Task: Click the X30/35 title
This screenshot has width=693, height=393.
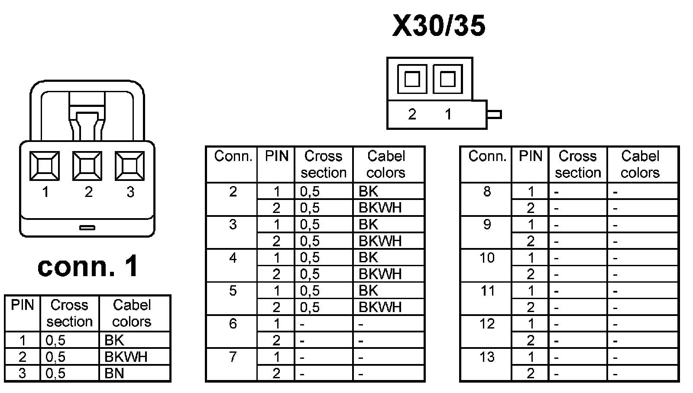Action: (x=438, y=26)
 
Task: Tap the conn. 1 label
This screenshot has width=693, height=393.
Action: (x=88, y=266)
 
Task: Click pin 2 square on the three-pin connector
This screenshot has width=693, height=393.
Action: (x=87, y=166)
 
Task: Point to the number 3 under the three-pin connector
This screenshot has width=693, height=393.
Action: (x=130, y=192)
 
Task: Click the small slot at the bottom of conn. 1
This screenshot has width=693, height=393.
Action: (x=87, y=227)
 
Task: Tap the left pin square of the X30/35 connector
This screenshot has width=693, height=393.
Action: (x=412, y=79)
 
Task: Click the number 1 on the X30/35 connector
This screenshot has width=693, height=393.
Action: (x=448, y=114)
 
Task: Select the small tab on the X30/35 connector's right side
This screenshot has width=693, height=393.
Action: (x=494, y=115)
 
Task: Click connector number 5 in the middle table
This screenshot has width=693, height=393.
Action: (x=233, y=290)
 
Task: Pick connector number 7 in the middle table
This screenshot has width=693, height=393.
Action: (x=233, y=357)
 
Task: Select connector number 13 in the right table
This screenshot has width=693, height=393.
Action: (x=487, y=357)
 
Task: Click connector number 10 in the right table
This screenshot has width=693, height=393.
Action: (x=487, y=258)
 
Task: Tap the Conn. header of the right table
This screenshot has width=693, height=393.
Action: (x=487, y=156)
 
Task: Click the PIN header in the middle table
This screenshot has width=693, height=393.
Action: (x=276, y=156)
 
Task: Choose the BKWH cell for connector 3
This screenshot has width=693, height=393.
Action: (x=380, y=241)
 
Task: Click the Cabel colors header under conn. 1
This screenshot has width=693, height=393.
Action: (x=132, y=313)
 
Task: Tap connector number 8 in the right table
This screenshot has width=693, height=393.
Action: (x=487, y=191)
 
